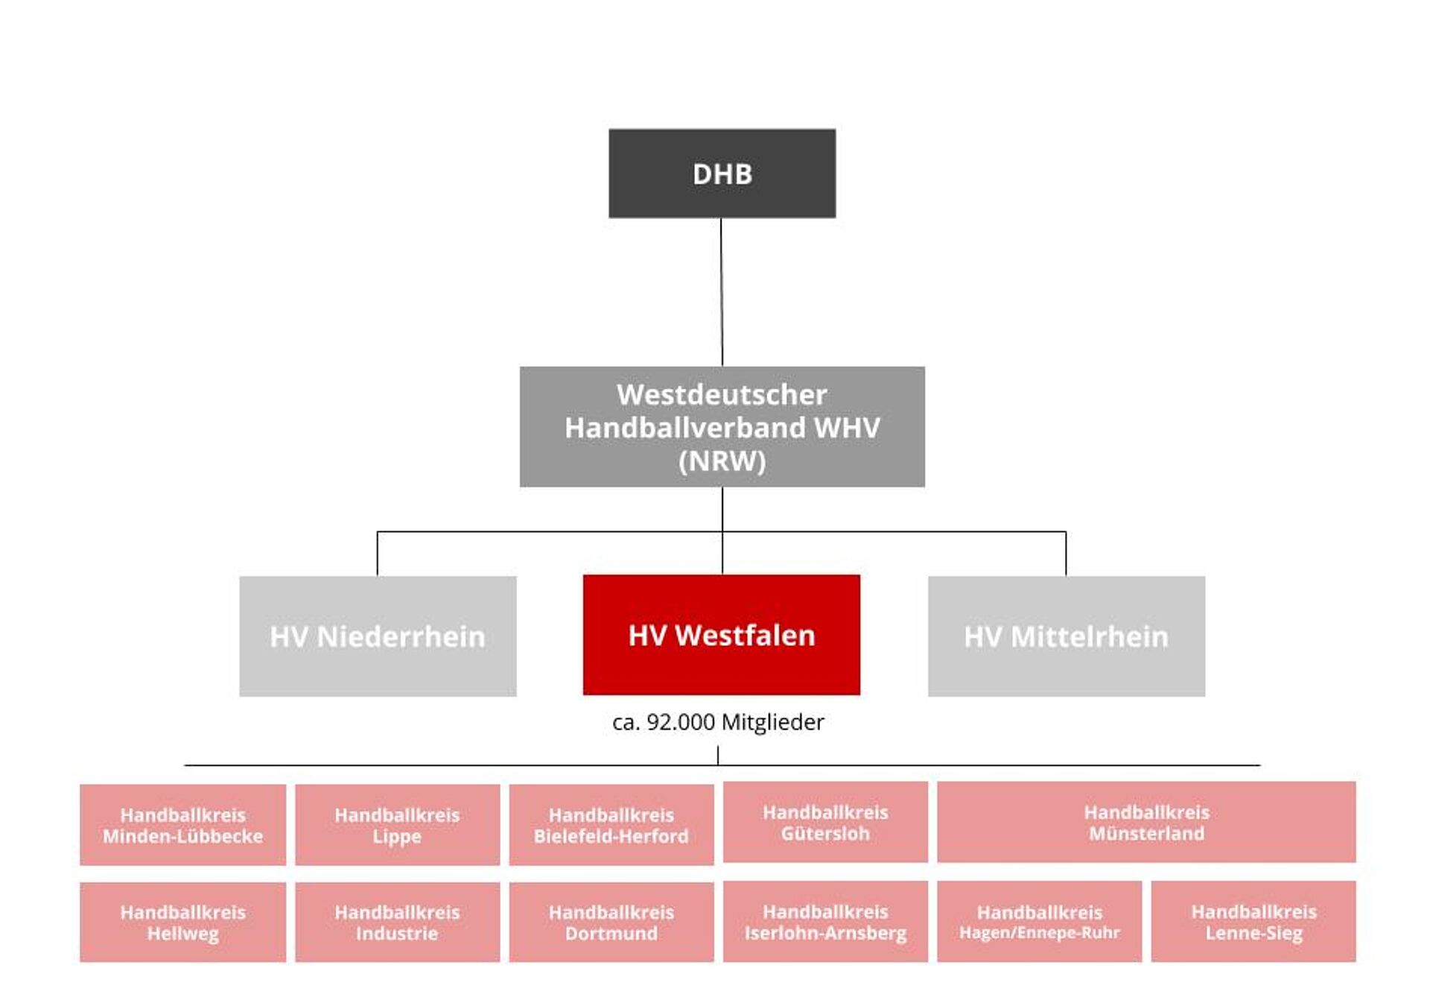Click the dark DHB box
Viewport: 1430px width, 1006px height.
click(722, 174)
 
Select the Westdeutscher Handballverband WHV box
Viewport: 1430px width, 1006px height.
click(722, 426)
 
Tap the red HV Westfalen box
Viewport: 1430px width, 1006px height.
click(721, 635)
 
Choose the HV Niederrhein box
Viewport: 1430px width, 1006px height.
click(378, 636)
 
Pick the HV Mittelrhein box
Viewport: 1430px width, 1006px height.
click(1066, 636)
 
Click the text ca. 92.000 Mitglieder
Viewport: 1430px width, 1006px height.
click(718, 722)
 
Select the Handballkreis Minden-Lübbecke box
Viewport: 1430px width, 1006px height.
click(182, 825)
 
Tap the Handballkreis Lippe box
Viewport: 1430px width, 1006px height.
click(397, 825)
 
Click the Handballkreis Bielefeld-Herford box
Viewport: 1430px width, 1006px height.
click(611, 825)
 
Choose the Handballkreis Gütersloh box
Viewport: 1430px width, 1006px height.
click(825, 822)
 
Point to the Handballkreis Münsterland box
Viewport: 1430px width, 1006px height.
click(1146, 822)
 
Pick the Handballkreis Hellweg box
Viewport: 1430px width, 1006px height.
click(182, 923)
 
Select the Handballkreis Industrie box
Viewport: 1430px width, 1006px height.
click(397, 923)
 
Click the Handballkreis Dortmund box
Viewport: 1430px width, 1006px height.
click(611, 923)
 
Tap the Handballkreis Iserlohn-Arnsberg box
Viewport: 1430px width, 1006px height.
click(825, 922)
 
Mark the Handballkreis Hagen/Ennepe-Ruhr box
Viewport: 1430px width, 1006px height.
click(1039, 922)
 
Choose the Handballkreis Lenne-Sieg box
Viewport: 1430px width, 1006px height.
click(1253, 922)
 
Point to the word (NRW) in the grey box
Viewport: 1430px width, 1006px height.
click(722, 461)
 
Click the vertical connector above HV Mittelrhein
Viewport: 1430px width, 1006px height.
click(1066, 554)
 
